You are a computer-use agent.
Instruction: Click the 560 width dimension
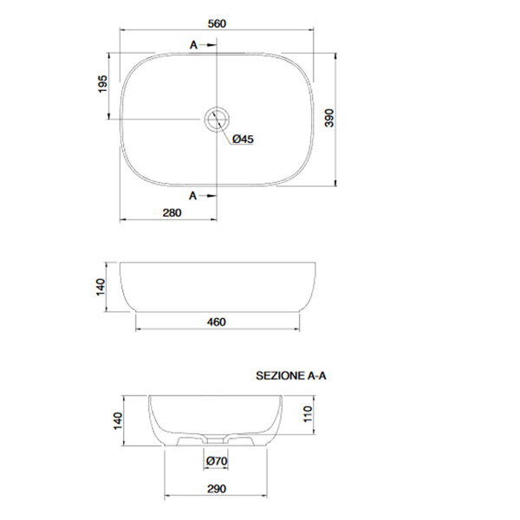[217, 24]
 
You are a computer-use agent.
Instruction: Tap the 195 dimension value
[103, 84]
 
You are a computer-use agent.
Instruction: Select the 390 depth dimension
[329, 118]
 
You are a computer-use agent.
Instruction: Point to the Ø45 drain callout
[243, 139]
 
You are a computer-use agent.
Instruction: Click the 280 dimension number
[172, 212]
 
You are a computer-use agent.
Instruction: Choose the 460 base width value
[216, 322]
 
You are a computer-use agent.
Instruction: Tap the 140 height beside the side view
[101, 287]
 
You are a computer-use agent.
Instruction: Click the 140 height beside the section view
[118, 421]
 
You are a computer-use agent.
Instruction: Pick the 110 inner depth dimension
[308, 414]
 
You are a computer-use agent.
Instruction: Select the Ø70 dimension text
[217, 461]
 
